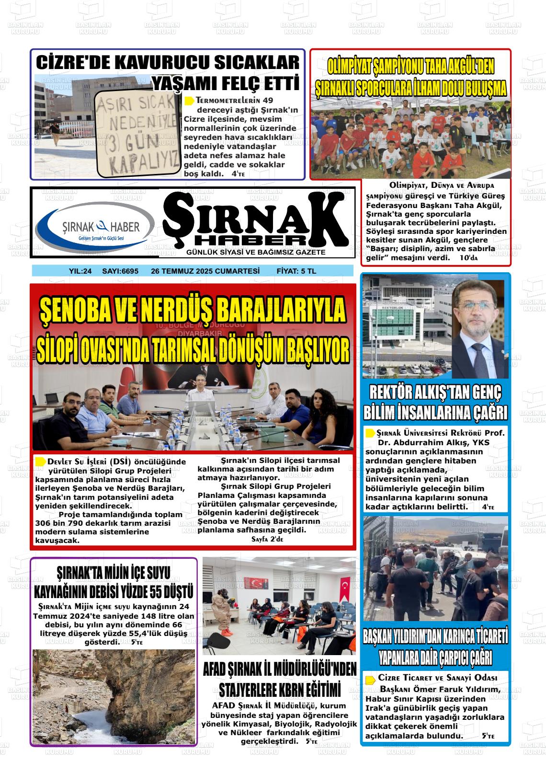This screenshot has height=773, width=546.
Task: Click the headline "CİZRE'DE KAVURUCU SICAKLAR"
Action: pos(168,63)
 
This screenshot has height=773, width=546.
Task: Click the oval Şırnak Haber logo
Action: pos(95,227)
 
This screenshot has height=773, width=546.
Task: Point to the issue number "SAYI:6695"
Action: pos(120,271)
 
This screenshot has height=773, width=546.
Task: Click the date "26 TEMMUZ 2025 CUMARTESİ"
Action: pos(205,271)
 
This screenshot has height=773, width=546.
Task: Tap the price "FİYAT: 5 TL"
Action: pos(296,271)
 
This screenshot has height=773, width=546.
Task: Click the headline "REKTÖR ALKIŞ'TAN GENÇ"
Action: pos(435,393)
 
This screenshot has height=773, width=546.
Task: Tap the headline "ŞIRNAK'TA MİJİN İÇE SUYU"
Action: pos(114,572)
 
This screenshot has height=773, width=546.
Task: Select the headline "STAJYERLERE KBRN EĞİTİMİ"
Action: pos(280,690)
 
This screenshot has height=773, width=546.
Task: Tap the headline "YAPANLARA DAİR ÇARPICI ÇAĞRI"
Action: pos(435,657)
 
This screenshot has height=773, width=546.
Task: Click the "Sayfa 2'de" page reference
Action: pos(267,539)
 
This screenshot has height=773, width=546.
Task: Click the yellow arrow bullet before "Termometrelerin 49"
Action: pos(189,101)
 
